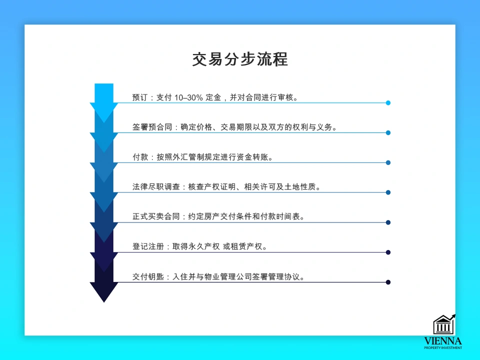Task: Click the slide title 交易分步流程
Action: click(x=240, y=59)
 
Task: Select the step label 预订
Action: click(x=140, y=97)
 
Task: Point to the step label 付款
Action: click(x=140, y=157)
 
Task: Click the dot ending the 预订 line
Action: click(x=388, y=103)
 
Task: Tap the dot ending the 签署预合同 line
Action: click(x=388, y=133)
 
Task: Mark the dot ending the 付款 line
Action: click(x=388, y=162)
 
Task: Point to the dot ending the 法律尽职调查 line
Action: click(x=388, y=192)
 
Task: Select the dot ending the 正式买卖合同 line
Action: click(x=388, y=222)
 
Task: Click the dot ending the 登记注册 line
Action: click(x=388, y=252)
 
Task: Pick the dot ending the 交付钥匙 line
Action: click(x=388, y=282)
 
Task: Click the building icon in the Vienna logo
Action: click(x=443, y=325)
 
